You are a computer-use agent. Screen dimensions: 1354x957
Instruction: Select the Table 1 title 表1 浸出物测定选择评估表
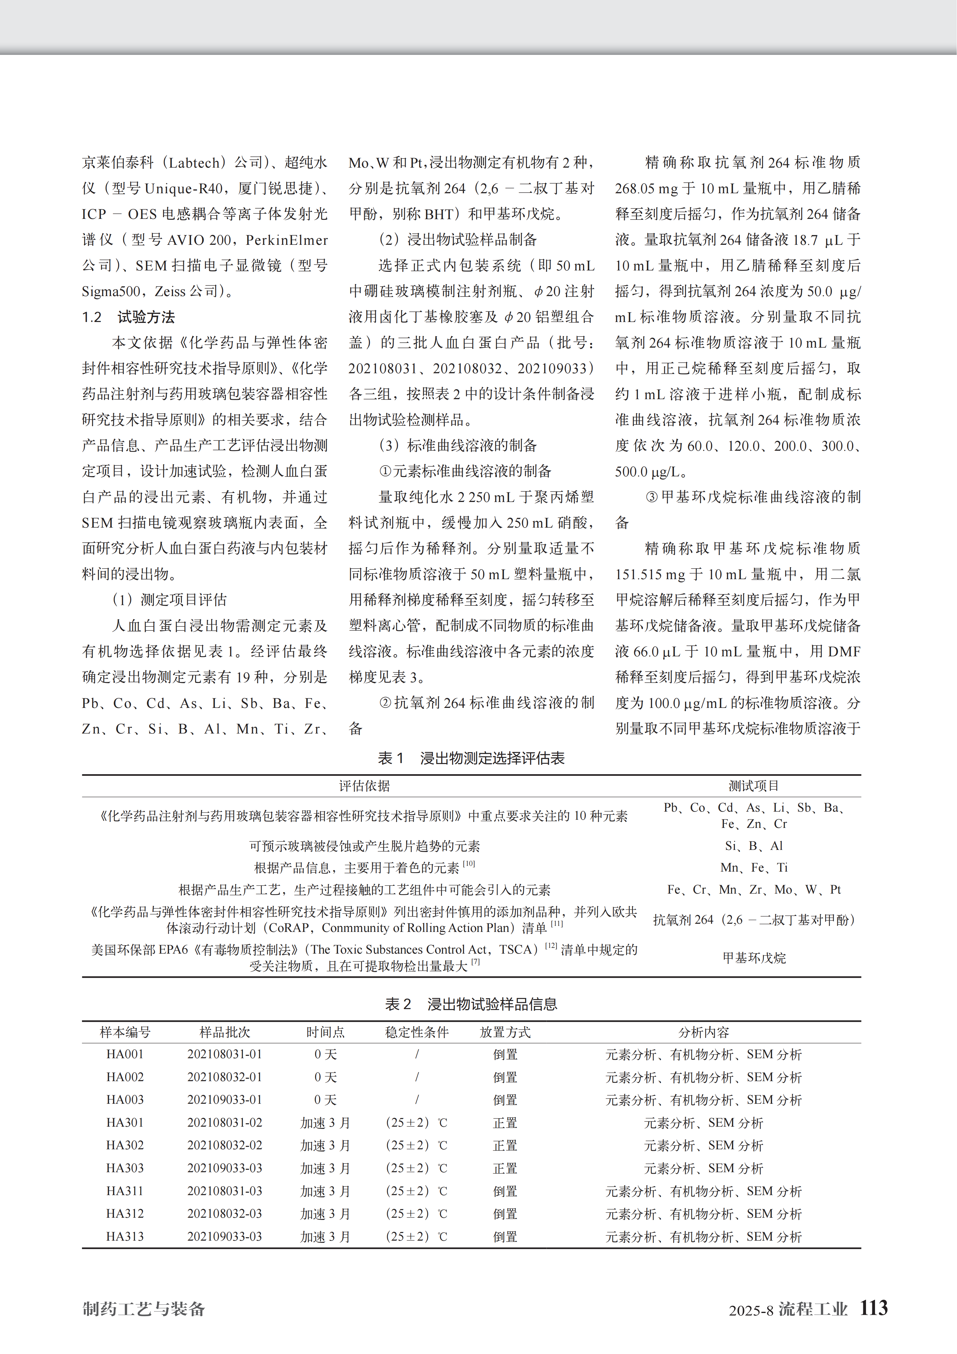471,758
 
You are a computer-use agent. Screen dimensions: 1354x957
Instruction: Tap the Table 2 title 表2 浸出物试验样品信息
471,1004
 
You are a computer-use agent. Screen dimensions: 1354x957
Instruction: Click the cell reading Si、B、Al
754,846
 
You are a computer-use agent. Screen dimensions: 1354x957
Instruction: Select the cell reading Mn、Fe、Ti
754,867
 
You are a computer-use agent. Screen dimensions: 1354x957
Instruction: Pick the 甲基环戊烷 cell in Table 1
754,958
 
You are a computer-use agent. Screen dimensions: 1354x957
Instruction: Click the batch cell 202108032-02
225,1145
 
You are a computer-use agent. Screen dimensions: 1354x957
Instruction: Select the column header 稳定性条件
417,1032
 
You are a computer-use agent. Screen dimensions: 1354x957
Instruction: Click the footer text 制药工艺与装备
144,1309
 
